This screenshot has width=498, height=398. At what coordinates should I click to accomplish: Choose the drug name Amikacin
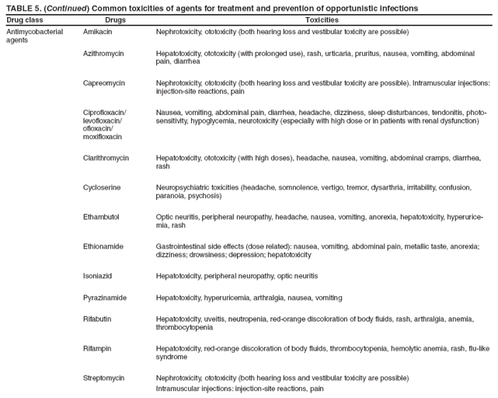[x=97, y=31]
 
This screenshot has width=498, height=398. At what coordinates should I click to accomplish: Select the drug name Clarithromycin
[x=106, y=158]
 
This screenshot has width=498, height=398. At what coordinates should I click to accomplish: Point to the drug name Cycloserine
[x=102, y=187]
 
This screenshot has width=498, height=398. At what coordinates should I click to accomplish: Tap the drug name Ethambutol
[x=101, y=217]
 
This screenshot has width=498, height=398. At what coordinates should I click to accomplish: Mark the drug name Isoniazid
[x=98, y=276]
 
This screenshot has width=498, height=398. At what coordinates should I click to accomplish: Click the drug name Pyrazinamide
[x=105, y=298]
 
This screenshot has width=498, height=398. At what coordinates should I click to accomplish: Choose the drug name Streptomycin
[x=104, y=378]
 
